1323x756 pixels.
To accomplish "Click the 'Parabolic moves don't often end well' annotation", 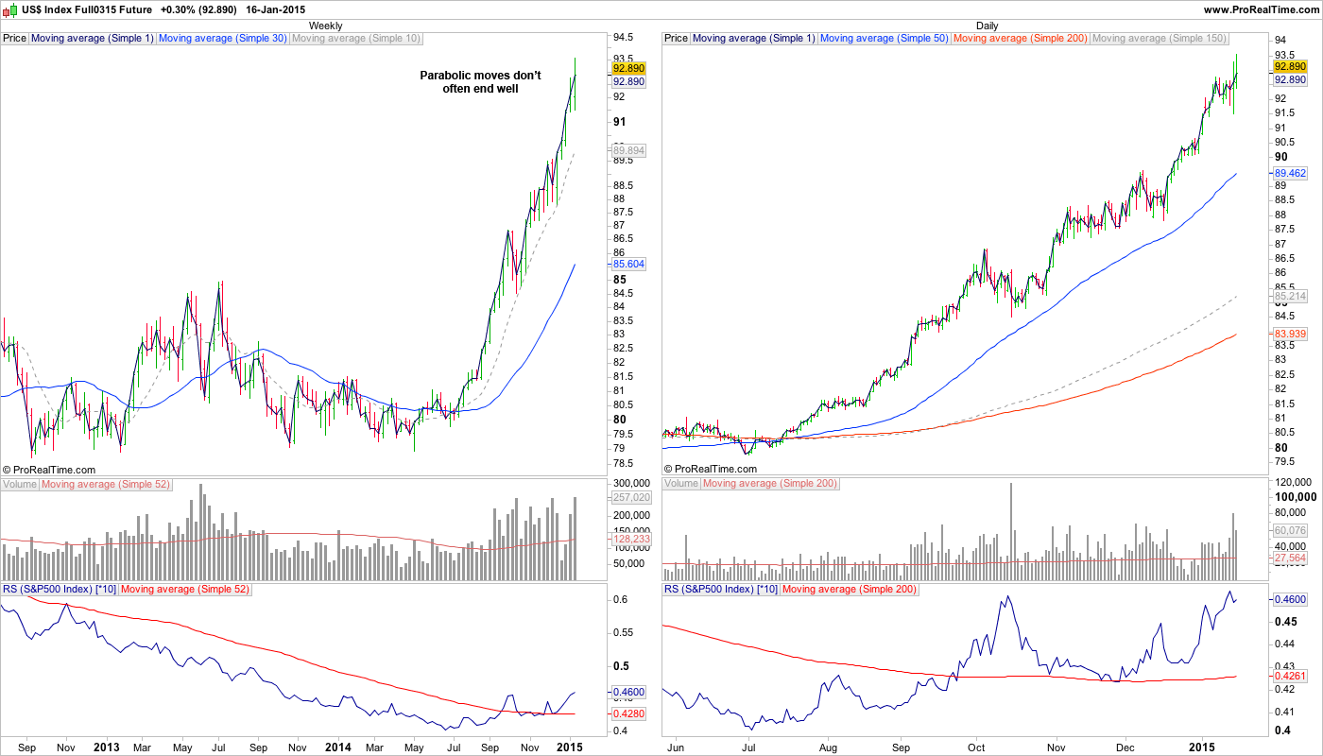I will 480,82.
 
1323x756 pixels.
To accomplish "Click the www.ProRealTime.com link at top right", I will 1261,9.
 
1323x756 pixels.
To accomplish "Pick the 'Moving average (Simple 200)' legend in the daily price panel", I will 1021,39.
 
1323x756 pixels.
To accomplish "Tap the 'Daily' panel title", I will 988,26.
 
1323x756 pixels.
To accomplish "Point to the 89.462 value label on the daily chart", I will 1290,174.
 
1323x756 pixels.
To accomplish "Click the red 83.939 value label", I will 1290,335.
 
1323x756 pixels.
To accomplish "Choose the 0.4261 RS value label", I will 1290,677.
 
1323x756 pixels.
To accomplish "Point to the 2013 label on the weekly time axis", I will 107,747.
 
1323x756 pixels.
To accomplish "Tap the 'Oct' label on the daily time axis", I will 976,747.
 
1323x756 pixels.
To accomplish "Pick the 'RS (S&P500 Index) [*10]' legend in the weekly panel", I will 60,590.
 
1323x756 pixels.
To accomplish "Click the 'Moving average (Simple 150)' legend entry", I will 1159,39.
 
